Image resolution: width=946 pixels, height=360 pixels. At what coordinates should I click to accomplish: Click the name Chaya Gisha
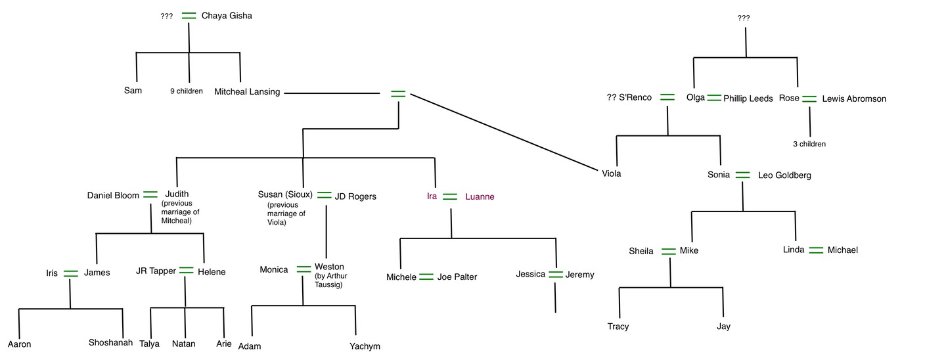coord(226,16)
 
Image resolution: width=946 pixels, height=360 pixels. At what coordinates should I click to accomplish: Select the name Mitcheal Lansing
coord(247,92)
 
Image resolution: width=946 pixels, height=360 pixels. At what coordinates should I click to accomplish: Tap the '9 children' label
coord(187,91)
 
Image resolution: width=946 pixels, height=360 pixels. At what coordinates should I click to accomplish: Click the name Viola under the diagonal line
coord(611,174)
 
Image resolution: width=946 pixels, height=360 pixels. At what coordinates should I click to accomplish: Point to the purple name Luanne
coord(480,196)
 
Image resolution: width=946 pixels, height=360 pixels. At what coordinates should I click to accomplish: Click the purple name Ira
coord(432,196)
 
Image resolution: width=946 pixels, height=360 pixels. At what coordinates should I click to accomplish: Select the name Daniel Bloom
coord(113,195)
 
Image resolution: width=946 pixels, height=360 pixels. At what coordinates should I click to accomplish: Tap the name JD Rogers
coord(355,196)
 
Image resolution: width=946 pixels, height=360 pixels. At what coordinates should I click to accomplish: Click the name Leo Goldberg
coord(784,175)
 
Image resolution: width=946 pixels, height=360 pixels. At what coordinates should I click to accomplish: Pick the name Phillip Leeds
coord(748,99)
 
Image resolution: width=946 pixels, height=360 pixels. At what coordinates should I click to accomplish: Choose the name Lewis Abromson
coord(854,99)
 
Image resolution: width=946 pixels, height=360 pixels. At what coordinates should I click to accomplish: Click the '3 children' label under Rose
coord(809,144)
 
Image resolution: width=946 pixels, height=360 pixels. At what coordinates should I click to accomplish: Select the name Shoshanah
coord(110,342)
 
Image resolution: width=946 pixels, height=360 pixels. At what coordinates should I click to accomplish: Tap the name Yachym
coord(365,346)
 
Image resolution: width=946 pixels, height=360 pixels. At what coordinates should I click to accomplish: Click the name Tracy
coord(618,326)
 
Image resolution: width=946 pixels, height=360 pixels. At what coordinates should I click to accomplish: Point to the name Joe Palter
coord(457,277)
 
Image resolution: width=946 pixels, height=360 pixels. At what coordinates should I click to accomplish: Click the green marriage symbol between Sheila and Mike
coord(668,251)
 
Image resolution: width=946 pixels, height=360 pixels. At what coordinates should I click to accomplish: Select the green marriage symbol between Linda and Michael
coord(816,250)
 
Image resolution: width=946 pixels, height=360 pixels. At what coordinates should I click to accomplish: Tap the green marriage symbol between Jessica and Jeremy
coord(556,275)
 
